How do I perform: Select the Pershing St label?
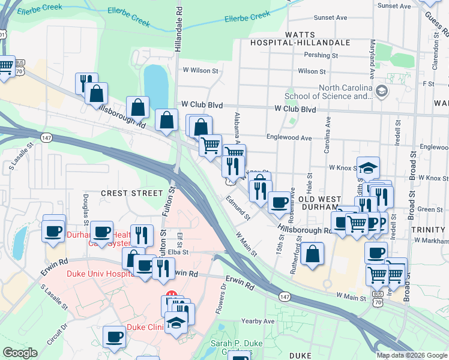pos(322,55)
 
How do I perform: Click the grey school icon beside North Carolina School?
pos(382,91)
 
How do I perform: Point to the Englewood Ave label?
pos(289,137)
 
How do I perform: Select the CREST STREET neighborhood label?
pos(131,193)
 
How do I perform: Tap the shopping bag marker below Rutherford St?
pos(312,254)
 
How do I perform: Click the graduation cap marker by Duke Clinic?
pos(176,324)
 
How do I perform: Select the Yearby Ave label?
pos(258,322)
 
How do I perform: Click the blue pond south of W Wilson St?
pos(156,84)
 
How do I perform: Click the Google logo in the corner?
pos(20,353)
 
